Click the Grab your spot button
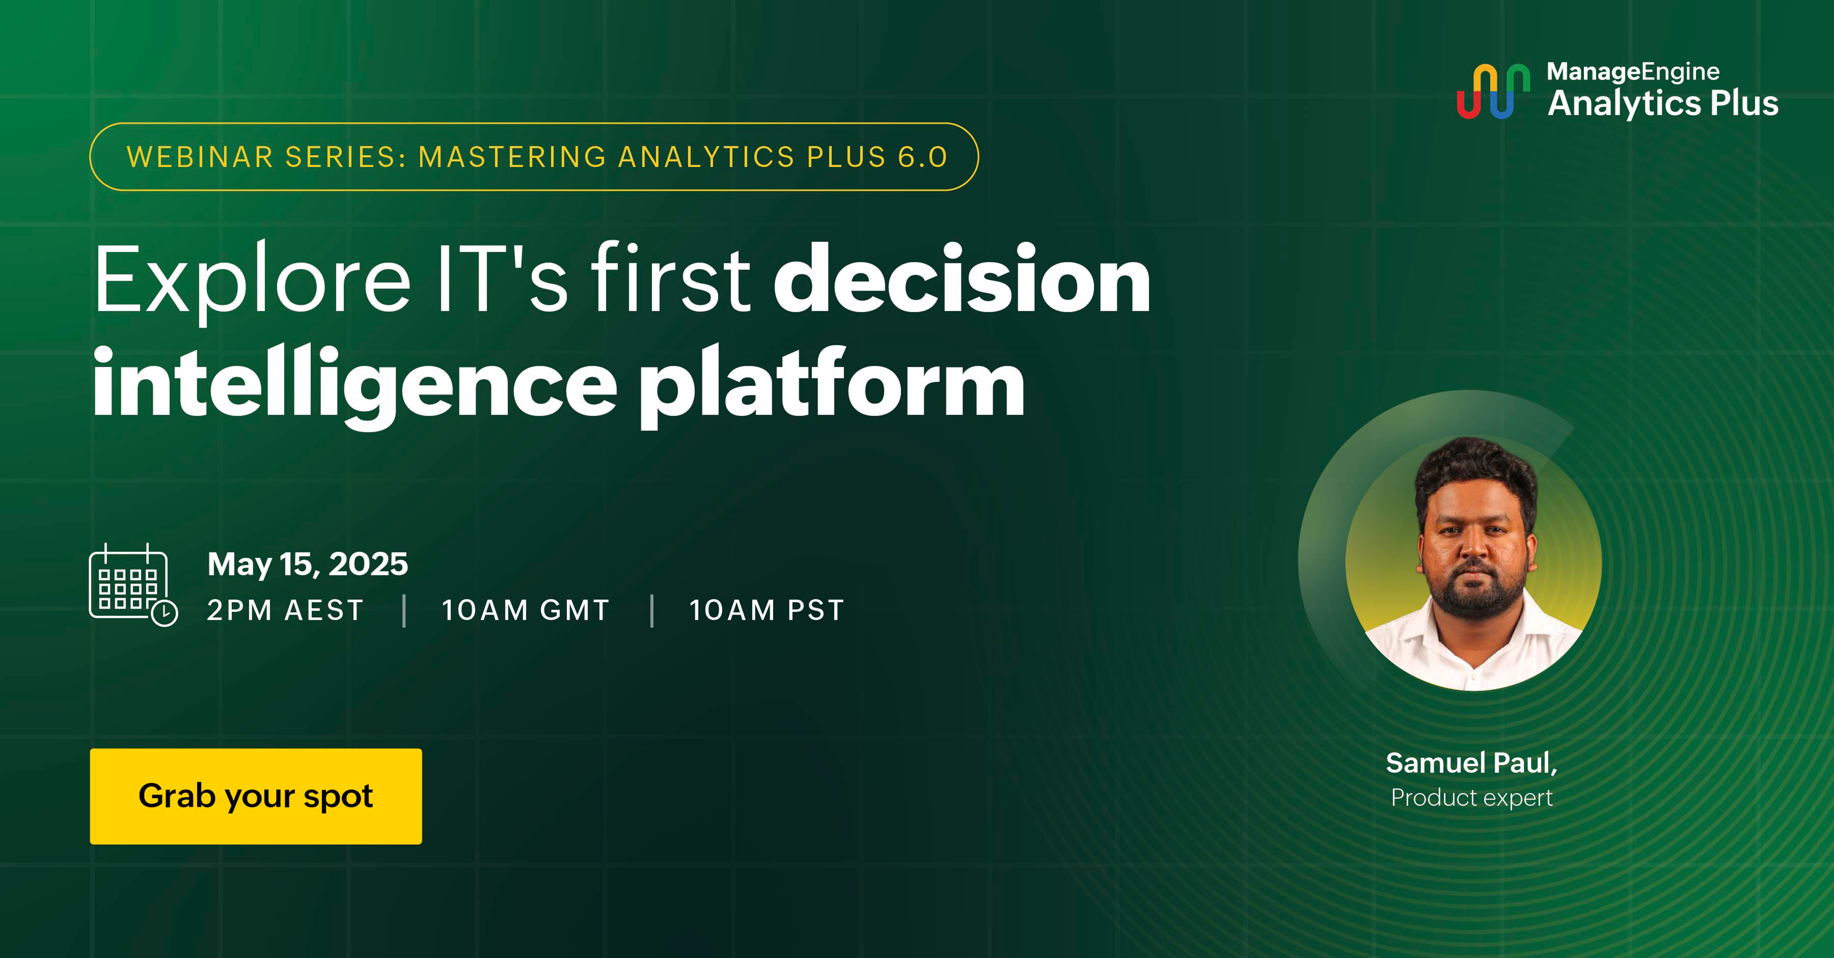tap(256, 796)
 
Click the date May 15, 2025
tap(308, 565)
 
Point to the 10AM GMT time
tap(525, 610)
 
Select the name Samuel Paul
tap(1471, 763)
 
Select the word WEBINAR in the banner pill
tap(200, 157)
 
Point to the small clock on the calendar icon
tap(165, 613)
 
